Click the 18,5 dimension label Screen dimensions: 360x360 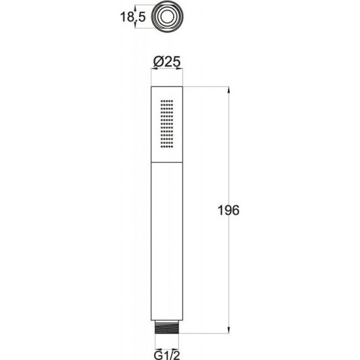pyautogui.click(x=133, y=17)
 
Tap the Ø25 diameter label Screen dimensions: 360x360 pyautogui.click(x=167, y=62)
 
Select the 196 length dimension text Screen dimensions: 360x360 pyautogui.click(x=228, y=210)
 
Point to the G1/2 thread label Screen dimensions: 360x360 pyautogui.click(x=167, y=355)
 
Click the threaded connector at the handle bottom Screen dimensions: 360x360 pyautogui.click(x=167, y=327)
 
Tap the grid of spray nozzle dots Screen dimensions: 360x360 pyautogui.click(x=167, y=124)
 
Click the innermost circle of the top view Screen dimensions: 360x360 pyautogui.click(x=167, y=17)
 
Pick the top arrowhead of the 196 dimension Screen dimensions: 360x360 pyautogui.click(x=229, y=90)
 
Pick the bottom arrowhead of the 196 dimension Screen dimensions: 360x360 pyautogui.click(x=229, y=330)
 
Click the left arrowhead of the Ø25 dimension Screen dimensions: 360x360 pyautogui.click(x=154, y=68)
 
